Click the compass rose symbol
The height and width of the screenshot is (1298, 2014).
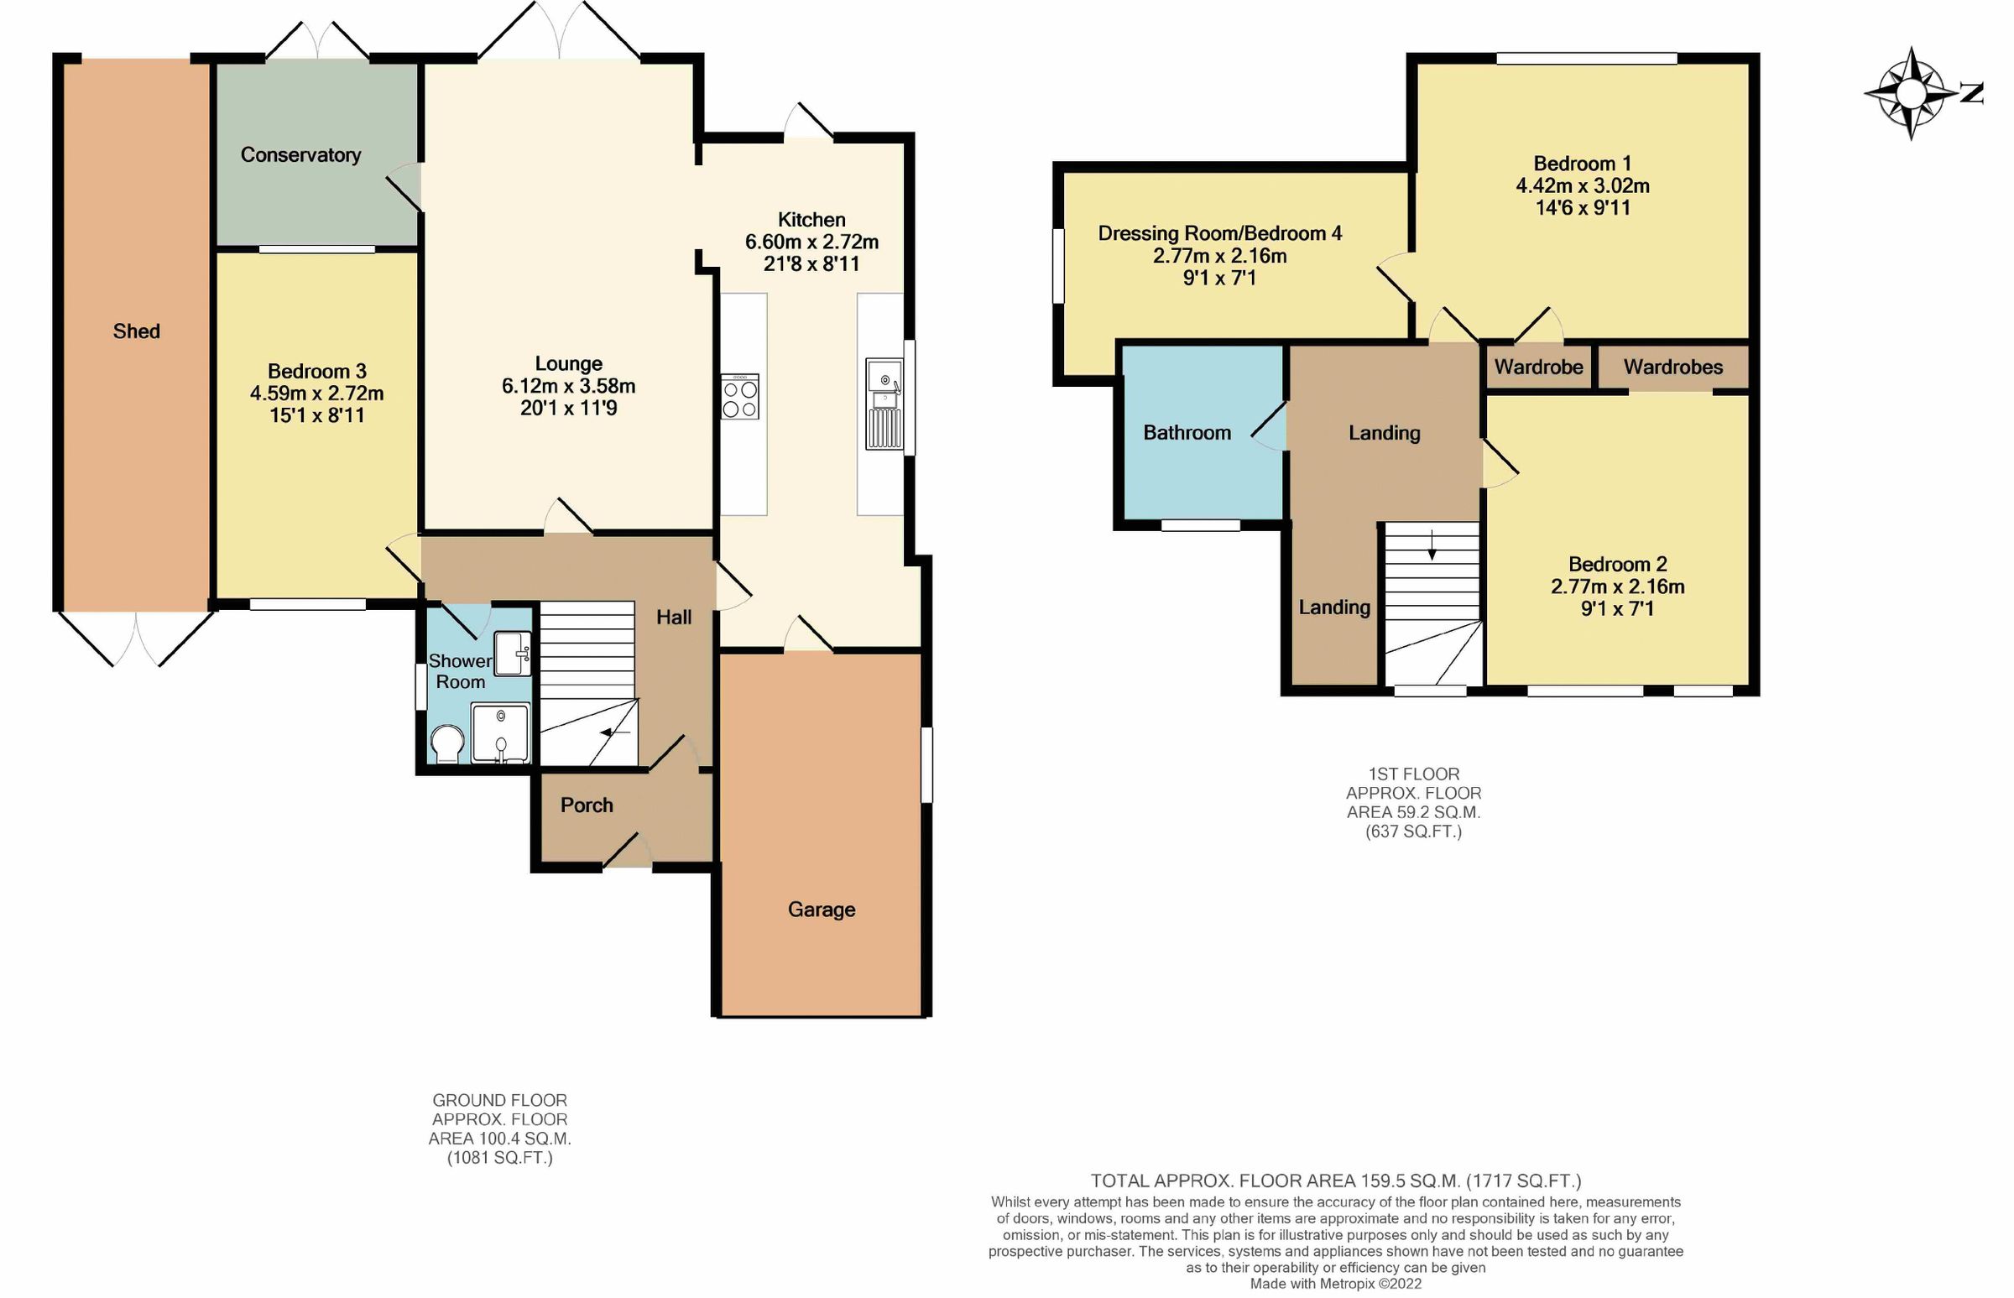click(1910, 92)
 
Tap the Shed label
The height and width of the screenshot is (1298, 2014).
click(137, 331)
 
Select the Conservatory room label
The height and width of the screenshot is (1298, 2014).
click(301, 155)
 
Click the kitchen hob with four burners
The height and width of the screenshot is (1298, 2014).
click(739, 397)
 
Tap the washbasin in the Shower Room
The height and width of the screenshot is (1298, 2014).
click(512, 654)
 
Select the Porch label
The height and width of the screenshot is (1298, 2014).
click(587, 805)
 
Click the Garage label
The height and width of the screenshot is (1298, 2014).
click(821, 910)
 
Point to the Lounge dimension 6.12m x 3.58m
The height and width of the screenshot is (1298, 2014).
click(568, 386)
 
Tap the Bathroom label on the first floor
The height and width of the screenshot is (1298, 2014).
click(1187, 433)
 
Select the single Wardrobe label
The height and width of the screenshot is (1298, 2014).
click(1538, 367)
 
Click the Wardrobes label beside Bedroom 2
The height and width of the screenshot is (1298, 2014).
click(1673, 367)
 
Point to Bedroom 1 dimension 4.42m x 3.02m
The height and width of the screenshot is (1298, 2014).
click(1583, 185)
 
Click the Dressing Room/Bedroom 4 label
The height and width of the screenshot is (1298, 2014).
click(1220, 233)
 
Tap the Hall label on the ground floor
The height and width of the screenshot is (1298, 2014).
click(674, 618)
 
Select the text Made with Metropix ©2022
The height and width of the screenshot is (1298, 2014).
click(1335, 1284)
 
